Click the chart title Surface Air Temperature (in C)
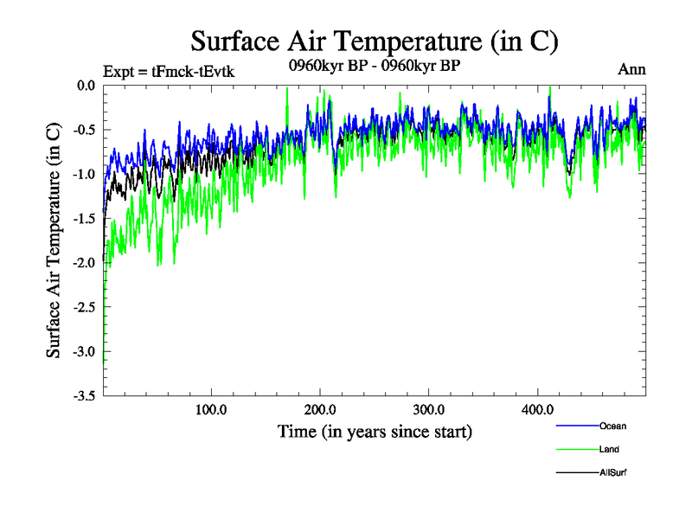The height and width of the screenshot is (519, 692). (x=374, y=41)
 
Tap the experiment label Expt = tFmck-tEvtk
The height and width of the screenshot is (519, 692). (x=169, y=72)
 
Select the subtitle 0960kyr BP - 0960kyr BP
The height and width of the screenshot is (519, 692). (x=375, y=66)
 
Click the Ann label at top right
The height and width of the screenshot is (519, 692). (x=631, y=69)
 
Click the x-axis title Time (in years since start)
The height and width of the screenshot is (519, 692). (x=375, y=431)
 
